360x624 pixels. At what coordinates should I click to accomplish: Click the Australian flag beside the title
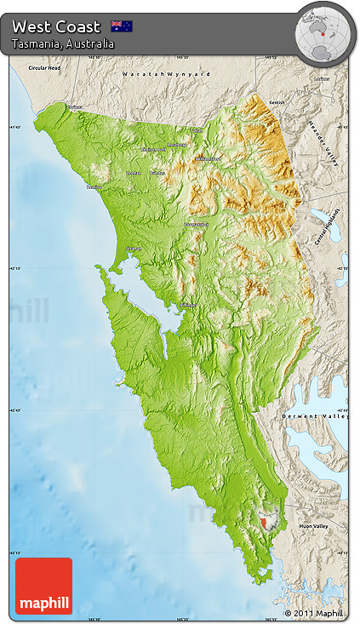pos(122,26)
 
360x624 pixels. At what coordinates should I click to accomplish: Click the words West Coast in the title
pos(56,26)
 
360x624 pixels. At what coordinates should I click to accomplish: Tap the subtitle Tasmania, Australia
pos(62,43)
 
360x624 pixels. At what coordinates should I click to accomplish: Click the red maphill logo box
pos(43,586)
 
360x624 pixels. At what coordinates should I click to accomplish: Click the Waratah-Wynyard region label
pos(166,75)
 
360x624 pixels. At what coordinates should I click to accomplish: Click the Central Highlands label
pos(326,226)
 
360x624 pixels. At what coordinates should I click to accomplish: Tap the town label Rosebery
pos(176,145)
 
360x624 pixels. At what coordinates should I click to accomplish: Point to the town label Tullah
pos(197,130)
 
